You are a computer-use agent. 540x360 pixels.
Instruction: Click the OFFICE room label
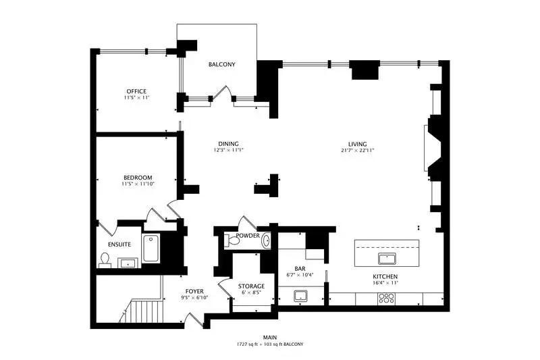point(136,91)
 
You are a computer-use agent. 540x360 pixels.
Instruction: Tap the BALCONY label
point(222,64)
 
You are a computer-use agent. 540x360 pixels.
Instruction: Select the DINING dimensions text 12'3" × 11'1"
point(228,150)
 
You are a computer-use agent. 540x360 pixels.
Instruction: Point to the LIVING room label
point(357,144)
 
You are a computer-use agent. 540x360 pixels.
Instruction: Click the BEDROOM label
point(138,178)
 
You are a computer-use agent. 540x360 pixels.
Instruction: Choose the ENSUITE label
point(119,245)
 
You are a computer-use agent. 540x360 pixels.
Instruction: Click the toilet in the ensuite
point(105,261)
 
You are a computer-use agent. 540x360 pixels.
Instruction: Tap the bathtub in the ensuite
point(151,248)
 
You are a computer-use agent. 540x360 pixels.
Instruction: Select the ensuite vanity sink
point(128,263)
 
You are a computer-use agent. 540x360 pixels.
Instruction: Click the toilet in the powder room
point(232,241)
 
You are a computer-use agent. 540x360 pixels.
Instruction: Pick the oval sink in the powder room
point(266,240)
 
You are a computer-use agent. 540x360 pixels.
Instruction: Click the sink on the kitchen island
point(387,259)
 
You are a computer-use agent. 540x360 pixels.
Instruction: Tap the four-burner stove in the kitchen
point(386,299)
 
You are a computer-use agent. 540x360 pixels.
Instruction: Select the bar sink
point(300,296)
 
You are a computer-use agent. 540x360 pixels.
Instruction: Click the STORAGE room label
point(251,286)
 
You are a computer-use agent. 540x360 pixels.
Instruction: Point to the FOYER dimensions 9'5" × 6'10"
point(194,298)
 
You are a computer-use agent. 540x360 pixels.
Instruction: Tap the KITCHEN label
point(385,277)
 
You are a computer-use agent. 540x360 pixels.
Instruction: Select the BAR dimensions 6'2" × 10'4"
point(300,275)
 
